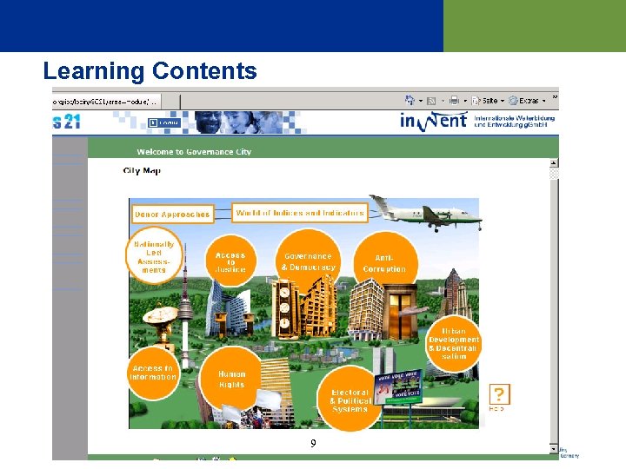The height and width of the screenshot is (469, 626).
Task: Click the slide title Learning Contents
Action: [150, 70]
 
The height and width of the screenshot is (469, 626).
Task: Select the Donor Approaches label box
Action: [172, 214]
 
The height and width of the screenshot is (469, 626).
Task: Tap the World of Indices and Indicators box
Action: [300, 213]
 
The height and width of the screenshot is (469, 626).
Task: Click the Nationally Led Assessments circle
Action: [155, 256]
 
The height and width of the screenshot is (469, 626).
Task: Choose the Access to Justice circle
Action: [230, 262]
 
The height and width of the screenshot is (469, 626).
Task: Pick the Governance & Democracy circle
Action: [308, 261]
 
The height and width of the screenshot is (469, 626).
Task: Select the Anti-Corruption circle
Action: [384, 263]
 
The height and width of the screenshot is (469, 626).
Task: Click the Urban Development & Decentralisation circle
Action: [453, 343]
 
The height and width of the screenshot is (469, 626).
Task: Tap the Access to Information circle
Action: [153, 373]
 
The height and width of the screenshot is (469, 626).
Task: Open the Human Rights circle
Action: [231, 380]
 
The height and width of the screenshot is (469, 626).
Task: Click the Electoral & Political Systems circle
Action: [350, 399]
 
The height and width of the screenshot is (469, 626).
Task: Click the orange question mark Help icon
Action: [499, 395]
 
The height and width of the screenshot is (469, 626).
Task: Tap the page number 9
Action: [313, 444]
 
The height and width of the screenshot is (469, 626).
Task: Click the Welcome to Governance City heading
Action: [194, 151]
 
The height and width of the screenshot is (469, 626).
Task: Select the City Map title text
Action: [142, 171]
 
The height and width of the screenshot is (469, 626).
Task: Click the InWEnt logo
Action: [432, 120]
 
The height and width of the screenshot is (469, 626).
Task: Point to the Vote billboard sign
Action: [397, 382]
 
